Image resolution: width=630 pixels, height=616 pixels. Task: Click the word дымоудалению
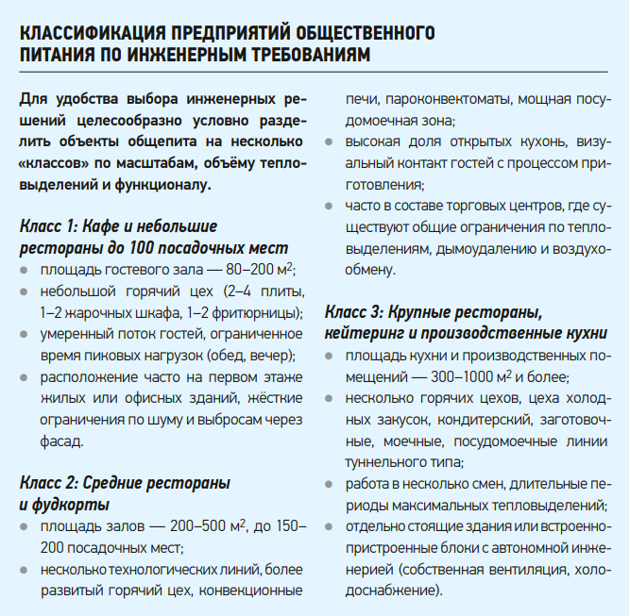(499, 249)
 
